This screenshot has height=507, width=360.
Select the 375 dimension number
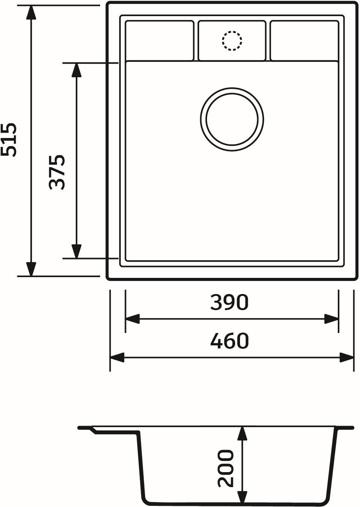coord(58,172)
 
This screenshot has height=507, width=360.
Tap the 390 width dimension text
coord(229,302)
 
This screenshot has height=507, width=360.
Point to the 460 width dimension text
coord(229,340)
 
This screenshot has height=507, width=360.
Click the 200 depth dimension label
coord(226,468)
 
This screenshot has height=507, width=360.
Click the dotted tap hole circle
coord(232,40)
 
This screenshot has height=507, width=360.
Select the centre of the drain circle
coord(232,120)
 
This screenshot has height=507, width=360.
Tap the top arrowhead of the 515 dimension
coord(31,13)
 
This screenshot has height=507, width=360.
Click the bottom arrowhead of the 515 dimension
coord(31,268)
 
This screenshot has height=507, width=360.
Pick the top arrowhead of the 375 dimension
coord(76,70)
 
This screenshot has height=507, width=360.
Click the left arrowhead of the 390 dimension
coord(132,319)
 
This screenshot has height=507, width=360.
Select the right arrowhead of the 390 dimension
coord(331,319)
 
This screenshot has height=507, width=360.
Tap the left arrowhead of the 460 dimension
coord(117,357)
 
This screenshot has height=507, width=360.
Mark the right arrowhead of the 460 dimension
coord(347,357)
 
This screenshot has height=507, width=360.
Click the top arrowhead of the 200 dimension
coord(243,433)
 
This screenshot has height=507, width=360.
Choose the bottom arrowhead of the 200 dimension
coord(243,496)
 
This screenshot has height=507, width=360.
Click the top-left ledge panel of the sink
coord(159,40)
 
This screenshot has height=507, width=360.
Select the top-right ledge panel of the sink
coord(304,40)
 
